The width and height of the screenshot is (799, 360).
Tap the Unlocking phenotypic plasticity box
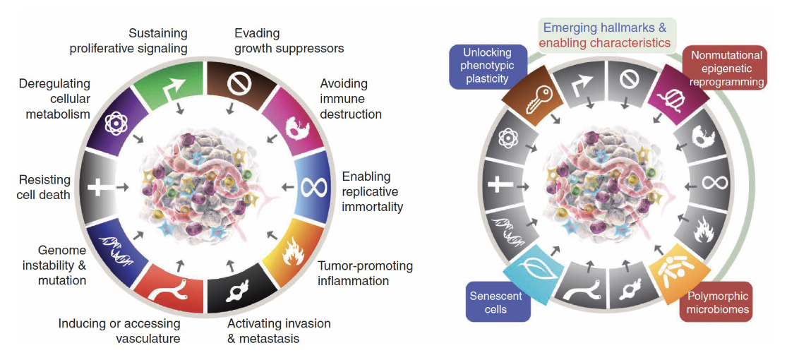[x=481, y=65]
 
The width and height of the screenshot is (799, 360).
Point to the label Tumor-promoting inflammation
[x=364, y=273]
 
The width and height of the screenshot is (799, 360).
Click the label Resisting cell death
[x=45, y=187]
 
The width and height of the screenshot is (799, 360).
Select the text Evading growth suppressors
[x=289, y=41]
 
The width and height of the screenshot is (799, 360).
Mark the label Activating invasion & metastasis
[x=279, y=330]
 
